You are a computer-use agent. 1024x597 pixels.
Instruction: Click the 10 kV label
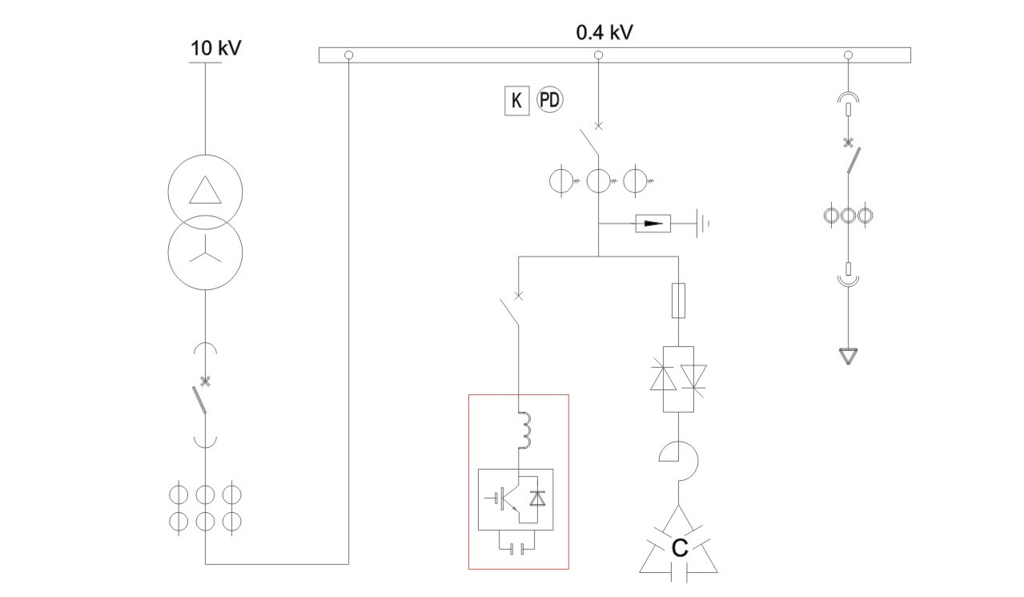(215, 48)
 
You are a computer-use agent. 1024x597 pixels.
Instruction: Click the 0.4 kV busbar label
(606, 33)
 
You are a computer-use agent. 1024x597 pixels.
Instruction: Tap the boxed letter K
(516, 101)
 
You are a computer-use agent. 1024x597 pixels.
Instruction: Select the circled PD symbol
(549, 100)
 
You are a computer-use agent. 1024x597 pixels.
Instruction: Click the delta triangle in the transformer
(205, 189)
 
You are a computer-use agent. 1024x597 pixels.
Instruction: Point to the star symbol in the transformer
(205, 253)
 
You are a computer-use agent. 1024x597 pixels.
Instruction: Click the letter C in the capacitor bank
(679, 549)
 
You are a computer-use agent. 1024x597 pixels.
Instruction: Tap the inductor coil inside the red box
(525, 430)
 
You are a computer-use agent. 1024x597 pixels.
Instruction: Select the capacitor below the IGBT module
(517, 549)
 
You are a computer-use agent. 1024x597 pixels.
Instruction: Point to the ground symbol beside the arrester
(704, 224)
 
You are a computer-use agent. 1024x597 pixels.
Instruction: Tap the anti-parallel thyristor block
(679, 379)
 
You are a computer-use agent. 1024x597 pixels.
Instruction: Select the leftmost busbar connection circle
(348, 55)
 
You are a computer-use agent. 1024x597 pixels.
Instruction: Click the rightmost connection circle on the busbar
(849, 55)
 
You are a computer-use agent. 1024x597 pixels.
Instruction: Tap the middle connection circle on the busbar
(598, 55)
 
